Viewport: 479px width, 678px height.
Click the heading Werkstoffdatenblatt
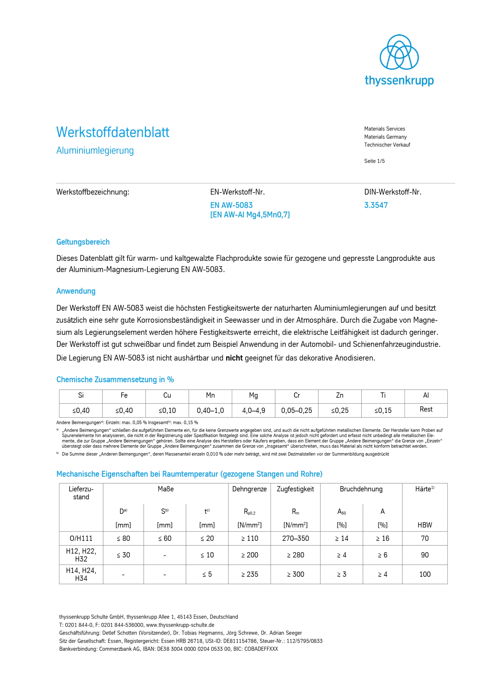coord(113,132)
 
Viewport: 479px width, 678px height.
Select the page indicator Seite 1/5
coord(374,161)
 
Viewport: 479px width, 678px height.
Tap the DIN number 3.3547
coord(376,205)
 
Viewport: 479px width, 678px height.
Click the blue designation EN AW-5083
coord(231,205)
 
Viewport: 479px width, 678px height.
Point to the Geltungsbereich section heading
coord(83,242)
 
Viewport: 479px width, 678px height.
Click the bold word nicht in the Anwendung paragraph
coord(234,358)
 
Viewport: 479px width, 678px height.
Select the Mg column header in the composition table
coord(253,395)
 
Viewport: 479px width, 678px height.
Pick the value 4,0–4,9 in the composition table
coord(253,411)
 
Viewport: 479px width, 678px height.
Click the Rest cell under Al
coord(426,409)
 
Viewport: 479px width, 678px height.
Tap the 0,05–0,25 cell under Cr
coord(296,411)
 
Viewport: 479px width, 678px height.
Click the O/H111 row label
coord(81,538)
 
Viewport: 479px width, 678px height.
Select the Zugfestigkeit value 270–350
coord(295,538)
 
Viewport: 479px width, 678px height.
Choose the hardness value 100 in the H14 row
coord(425,574)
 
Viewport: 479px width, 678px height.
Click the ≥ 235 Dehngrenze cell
coord(249,574)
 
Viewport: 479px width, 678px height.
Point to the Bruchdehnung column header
coord(361,489)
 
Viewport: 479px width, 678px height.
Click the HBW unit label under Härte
coord(425,525)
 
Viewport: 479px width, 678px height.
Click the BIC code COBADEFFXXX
coord(261,649)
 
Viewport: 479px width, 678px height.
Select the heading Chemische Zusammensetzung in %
coord(115,380)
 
